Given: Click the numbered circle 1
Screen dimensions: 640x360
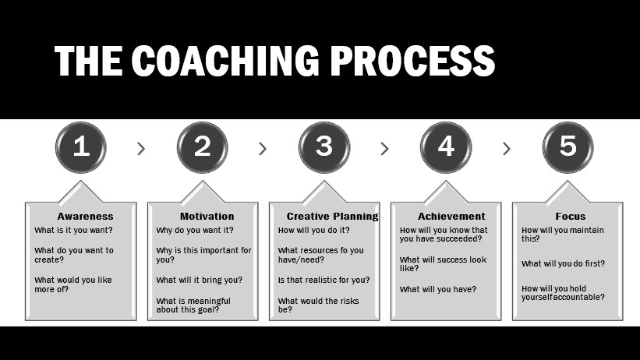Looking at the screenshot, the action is click(81, 147).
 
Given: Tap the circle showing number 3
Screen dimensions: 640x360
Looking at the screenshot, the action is click(324, 147).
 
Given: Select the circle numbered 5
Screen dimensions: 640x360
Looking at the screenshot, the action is click(568, 147).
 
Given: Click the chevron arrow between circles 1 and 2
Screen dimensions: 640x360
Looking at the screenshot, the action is click(141, 149).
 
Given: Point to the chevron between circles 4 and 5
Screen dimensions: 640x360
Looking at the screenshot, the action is click(507, 149).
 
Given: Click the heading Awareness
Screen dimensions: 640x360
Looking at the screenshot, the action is click(85, 217).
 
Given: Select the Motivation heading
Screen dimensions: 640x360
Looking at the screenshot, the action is click(207, 217).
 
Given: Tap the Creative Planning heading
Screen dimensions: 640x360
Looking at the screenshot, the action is click(332, 217).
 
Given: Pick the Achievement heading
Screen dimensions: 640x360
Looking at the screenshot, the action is click(451, 217).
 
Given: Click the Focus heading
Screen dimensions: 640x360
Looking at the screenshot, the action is click(570, 217).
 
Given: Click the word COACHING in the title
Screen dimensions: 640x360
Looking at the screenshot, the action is click(225, 61).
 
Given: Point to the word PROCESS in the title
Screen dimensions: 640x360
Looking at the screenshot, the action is click(412, 61).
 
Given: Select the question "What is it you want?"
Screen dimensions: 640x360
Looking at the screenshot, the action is click(73, 230).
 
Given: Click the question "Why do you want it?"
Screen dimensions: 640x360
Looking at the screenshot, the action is click(195, 230).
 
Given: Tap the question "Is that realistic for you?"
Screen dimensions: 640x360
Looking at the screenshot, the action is click(324, 280).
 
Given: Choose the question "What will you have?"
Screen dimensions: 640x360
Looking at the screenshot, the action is click(438, 289).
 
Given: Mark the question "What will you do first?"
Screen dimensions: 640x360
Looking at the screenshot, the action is click(563, 263).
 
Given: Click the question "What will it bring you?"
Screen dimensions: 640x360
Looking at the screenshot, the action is click(200, 280).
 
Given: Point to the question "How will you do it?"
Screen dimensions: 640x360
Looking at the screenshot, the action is click(314, 230).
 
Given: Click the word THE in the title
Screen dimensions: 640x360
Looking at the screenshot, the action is click(88, 61).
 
